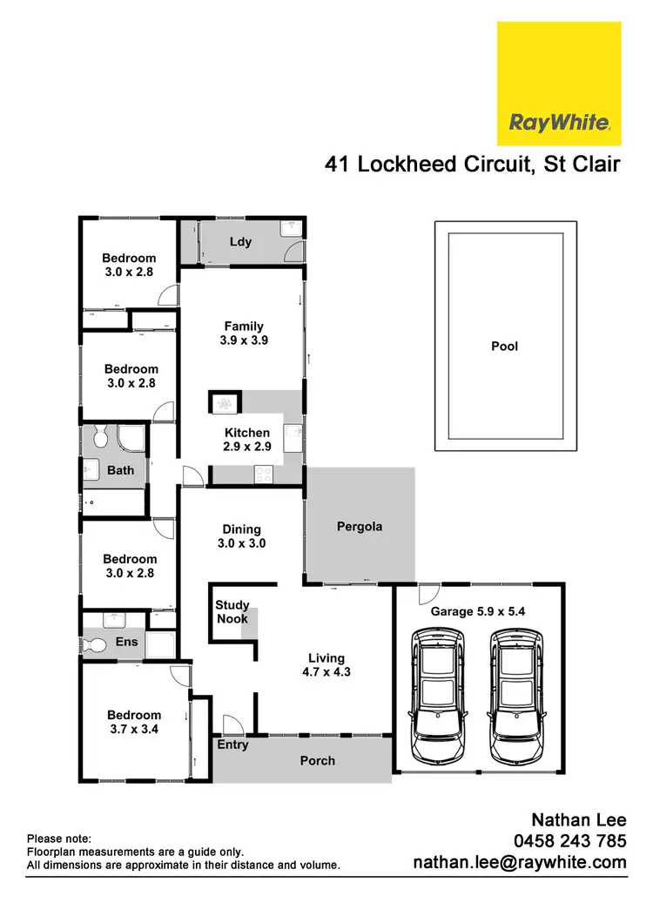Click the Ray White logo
(558, 84)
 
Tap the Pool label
(504, 346)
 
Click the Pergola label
(359, 527)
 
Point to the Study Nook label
(232, 611)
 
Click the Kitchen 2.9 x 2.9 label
(247, 440)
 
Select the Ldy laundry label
(240, 241)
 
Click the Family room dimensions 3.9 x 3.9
(244, 340)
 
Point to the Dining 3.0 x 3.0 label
(241, 536)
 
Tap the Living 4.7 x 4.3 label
(326, 665)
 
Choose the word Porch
(317, 760)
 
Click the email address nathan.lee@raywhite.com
(519, 862)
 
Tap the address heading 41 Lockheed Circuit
(431, 165)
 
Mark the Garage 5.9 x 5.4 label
(478, 611)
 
